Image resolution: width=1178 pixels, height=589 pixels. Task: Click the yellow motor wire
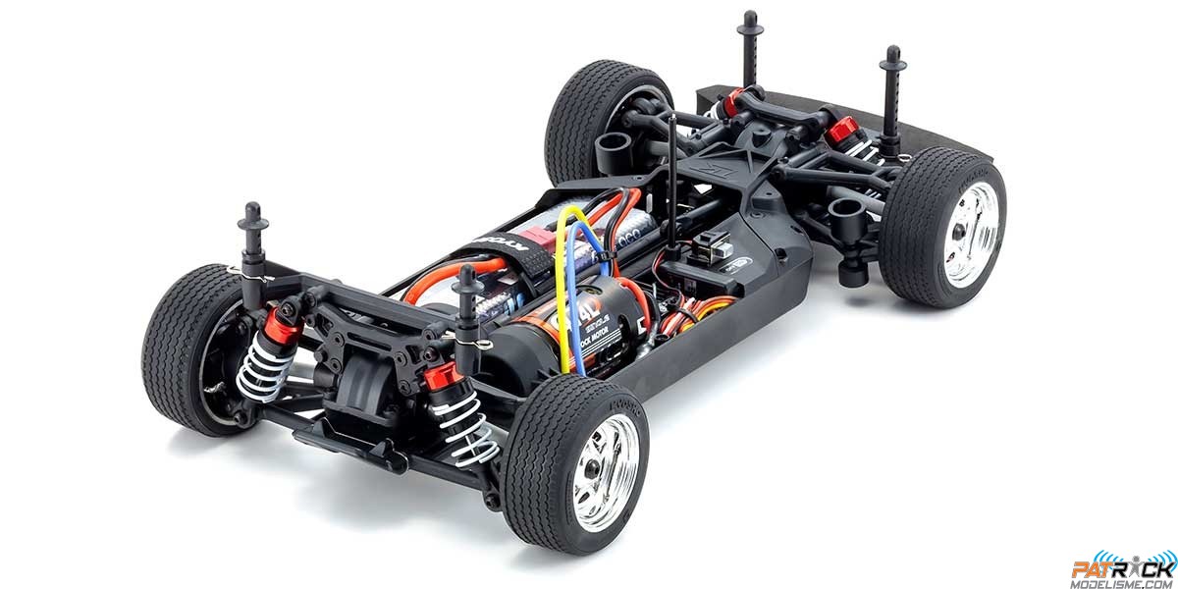click(x=562, y=294)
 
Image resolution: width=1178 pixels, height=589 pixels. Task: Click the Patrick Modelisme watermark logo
click(x=1122, y=569)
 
